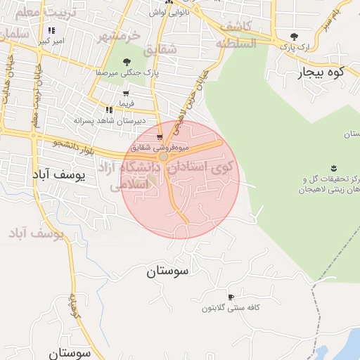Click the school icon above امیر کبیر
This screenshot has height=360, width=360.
(x=51, y=31)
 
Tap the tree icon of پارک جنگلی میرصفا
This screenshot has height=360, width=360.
(x=127, y=61)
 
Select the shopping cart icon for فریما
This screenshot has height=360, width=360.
(x=125, y=93)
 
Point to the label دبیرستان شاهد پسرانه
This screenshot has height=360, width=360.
(x=111, y=121)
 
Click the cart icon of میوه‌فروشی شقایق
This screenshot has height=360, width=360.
(x=160, y=136)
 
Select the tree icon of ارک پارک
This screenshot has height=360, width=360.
(x=294, y=36)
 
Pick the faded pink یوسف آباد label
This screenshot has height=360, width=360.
(x=37, y=233)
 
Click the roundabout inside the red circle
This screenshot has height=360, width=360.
(x=164, y=157)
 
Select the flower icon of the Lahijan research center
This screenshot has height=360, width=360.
(x=333, y=167)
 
